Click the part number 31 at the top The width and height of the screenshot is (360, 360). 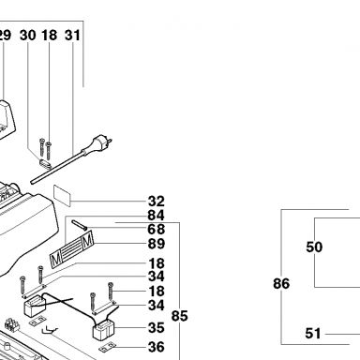click(72, 35)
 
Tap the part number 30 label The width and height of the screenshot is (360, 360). click(28, 35)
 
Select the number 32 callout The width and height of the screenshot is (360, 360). click(157, 202)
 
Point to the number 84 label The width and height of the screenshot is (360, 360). click(157, 216)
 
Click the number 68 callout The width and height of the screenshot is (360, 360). click(157, 230)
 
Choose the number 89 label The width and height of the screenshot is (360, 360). click(157, 244)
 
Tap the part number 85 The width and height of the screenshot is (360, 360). click(179, 316)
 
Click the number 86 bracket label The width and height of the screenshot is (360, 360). click(281, 283)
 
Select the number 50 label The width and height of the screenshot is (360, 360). click(314, 247)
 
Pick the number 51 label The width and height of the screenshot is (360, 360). click(313, 334)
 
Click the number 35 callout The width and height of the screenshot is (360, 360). click(157, 328)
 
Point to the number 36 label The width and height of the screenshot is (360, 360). click(157, 347)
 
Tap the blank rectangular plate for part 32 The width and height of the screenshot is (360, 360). click(62, 196)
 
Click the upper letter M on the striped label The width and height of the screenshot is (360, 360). click(87, 240)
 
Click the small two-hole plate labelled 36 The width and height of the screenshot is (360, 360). click(108, 347)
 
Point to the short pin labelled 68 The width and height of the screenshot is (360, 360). click(79, 226)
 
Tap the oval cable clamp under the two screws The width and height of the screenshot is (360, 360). click(46, 164)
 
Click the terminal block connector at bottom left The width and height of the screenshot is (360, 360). click(12, 325)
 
